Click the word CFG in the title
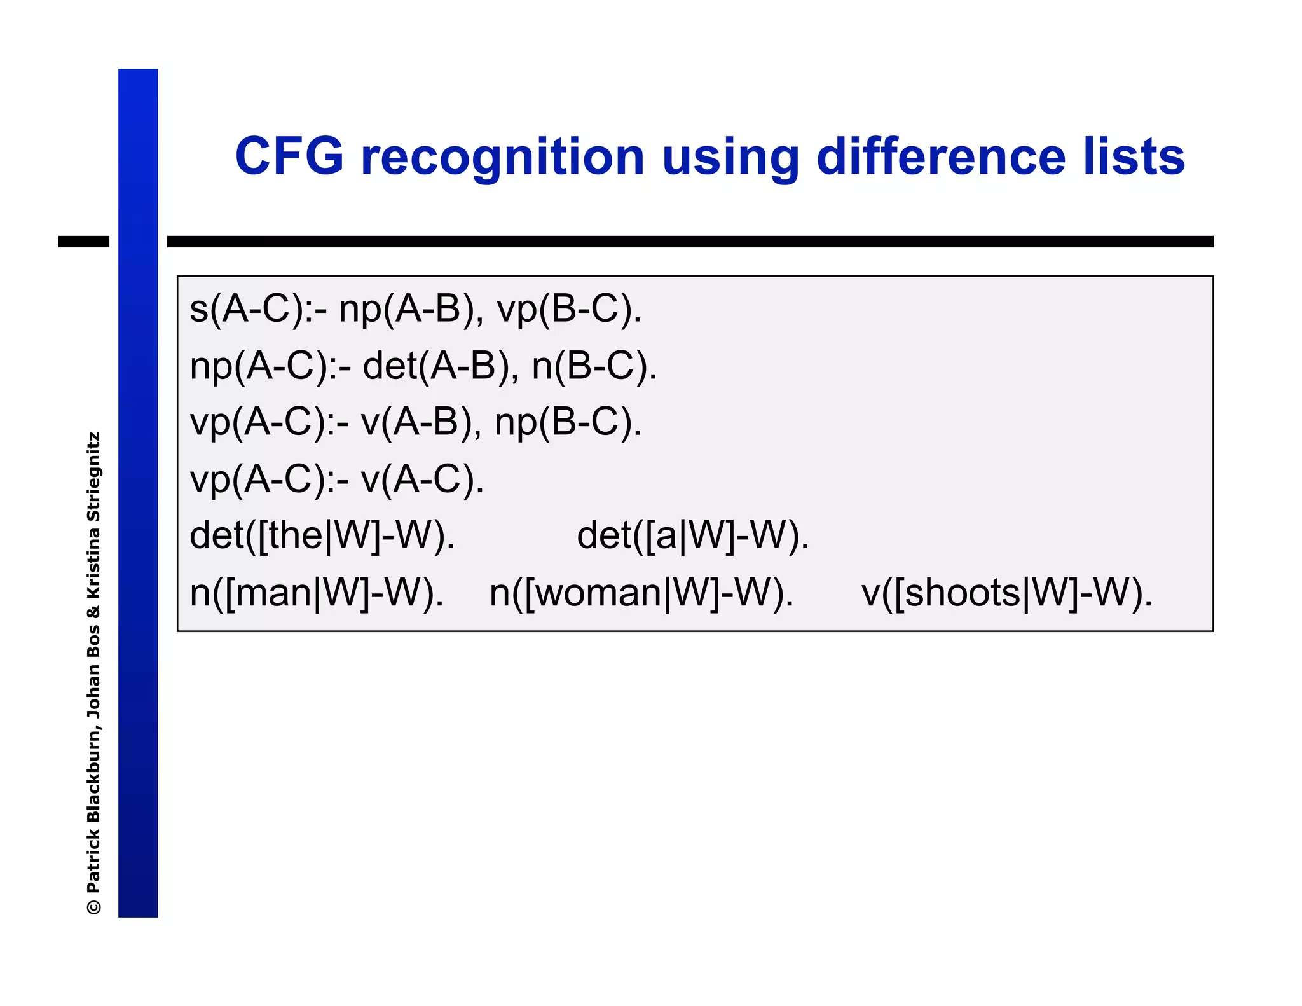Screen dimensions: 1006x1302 289,156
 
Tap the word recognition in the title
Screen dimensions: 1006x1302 502,158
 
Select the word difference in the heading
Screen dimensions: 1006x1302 940,156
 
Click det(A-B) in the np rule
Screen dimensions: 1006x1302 439,366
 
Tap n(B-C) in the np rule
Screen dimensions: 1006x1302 594,366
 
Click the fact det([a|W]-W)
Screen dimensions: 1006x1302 692,535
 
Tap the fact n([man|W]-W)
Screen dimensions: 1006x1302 317,593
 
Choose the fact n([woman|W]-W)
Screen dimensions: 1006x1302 641,593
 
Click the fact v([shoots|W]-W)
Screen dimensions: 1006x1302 1006,593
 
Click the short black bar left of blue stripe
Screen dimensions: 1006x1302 83,242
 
